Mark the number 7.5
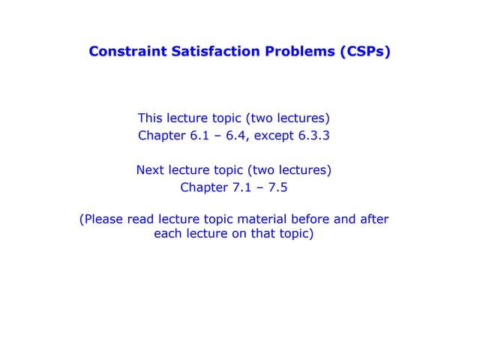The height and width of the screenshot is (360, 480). coord(279,187)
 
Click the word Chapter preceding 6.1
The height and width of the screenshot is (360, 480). coord(161,136)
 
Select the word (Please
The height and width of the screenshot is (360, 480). coord(102,220)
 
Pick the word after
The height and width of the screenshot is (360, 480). coord(376,220)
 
